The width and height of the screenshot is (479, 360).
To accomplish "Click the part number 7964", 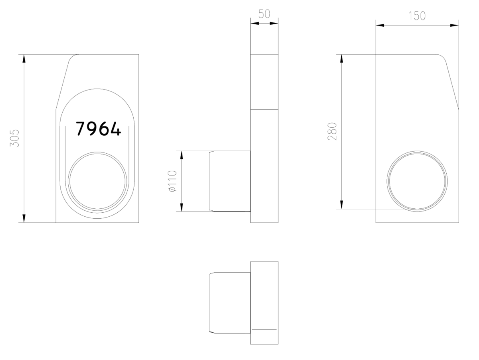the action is pos(98,129).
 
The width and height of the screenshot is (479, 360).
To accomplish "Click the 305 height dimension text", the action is pos(15,138).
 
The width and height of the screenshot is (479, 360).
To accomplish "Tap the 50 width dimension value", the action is pos(264,14).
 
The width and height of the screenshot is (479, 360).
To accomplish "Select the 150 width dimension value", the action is pos(417,16).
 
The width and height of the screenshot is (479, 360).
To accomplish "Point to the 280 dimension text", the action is pos(332,131).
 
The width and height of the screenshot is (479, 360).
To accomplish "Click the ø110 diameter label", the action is pos(172,181).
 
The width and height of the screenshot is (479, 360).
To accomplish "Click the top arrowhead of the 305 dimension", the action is pos(24,59).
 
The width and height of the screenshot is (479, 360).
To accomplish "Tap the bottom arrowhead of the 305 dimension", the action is pos(24,218).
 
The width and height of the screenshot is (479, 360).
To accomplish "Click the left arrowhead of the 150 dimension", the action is pos(380,25).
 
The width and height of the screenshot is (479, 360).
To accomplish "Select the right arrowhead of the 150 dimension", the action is pos(454,25).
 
